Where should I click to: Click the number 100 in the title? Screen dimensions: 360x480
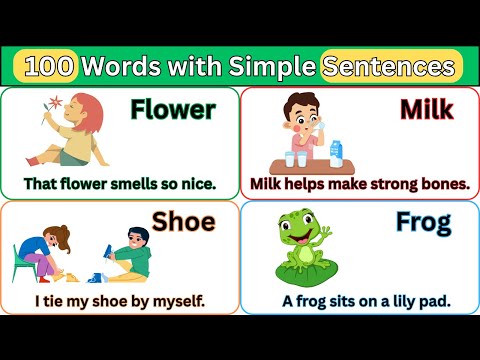49,66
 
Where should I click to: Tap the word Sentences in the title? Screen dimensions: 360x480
391,66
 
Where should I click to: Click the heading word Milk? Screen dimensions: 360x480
425,110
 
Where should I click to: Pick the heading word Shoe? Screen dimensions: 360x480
184,220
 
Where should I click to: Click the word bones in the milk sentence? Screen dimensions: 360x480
439,184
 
